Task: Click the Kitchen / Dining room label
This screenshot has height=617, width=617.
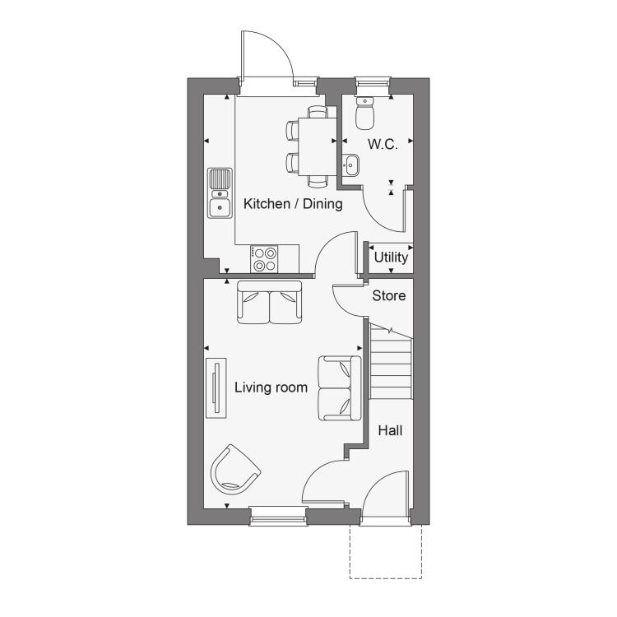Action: (x=293, y=204)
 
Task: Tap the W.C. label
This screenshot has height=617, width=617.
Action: (x=383, y=145)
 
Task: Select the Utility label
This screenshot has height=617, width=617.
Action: (x=391, y=257)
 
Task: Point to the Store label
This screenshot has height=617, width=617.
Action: (x=389, y=295)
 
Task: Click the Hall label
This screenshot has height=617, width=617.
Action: (x=390, y=430)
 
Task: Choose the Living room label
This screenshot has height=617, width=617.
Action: (x=271, y=387)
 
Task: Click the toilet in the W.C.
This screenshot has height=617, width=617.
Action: (x=364, y=113)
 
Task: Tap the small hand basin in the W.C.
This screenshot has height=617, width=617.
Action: (x=350, y=165)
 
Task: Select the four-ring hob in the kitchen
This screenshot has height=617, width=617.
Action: (x=264, y=259)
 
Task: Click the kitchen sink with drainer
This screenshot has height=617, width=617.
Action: (x=220, y=193)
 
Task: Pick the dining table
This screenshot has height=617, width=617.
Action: (x=318, y=146)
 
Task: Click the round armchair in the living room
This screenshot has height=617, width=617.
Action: (x=235, y=470)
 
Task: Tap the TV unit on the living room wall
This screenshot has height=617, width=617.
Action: (x=216, y=388)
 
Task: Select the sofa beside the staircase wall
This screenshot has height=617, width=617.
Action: (x=340, y=388)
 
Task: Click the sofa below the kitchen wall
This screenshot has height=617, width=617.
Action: (x=270, y=302)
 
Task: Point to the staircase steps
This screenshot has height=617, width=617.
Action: (x=391, y=362)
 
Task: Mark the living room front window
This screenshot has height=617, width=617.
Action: (x=279, y=517)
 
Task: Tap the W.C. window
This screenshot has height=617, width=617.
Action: (x=372, y=82)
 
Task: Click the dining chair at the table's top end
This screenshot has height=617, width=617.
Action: (x=318, y=112)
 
